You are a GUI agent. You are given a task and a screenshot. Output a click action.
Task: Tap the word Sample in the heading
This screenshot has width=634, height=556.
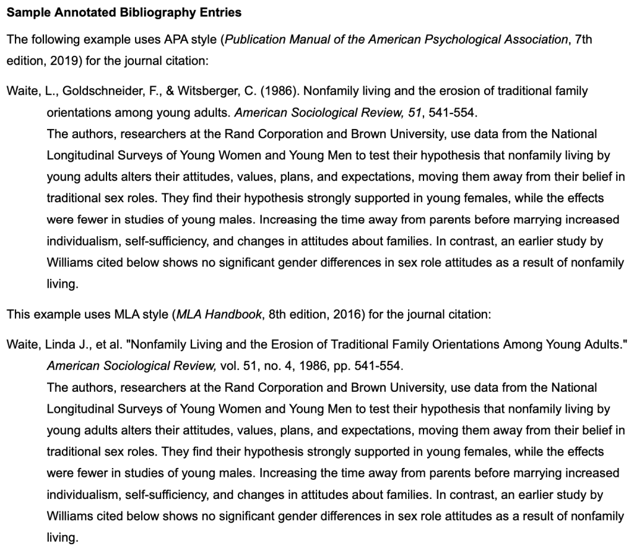[x=26, y=12]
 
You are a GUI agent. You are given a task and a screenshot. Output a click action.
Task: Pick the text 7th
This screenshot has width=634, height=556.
[x=583, y=40]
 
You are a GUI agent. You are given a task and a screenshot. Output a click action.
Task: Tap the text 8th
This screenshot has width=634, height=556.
[x=279, y=314]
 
